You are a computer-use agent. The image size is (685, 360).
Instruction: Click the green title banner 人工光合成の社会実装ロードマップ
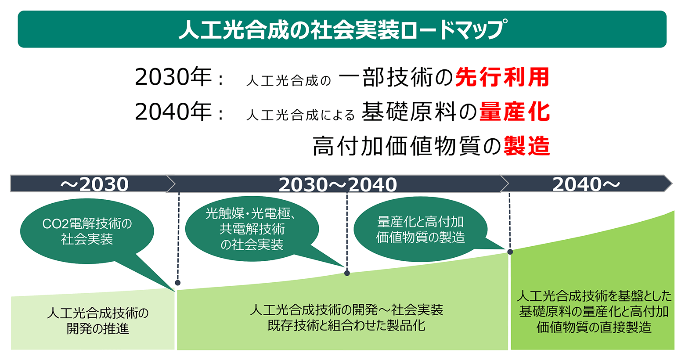pyautogui.click(x=342, y=29)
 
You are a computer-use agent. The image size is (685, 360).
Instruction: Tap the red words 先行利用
pyautogui.click(x=502, y=77)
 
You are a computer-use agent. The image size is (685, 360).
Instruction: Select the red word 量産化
pyautogui.click(x=515, y=112)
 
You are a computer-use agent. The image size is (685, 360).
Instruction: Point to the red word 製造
pyautogui.click(x=527, y=146)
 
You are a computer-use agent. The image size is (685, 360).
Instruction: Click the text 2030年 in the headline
pyautogui.click(x=173, y=77)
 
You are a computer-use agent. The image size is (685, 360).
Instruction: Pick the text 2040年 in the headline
pyautogui.click(x=173, y=112)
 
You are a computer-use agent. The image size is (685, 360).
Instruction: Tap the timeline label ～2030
pyautogui.click(x=94, y=184)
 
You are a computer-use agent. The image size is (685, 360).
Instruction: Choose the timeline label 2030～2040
pyautogui.click(x=338, y=185)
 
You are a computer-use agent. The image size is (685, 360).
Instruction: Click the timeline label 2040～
pyautogui.click(x=586, y=184)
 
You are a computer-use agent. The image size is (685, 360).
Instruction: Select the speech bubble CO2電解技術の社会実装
pyautogui.click(x=87, y=231)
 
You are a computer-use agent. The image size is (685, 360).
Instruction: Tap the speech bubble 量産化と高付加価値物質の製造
pyautogui.click(x=421, y=230)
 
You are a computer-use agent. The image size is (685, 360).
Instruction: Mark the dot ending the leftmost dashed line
pyautogui.click(x=178, y=283)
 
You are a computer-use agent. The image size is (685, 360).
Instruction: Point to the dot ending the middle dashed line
pyautogui.click(x=347, y=273)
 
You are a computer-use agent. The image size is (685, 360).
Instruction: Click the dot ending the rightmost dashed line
pyautogui.click(x=510, y=252)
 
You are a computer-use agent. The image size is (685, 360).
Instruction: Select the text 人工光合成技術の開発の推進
pyautogui.click(x=97, y=321)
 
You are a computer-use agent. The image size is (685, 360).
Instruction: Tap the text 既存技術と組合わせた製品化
pyautogui.click(x=346, y=325)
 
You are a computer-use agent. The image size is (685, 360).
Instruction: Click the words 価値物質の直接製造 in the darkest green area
pyautogui.click(x=594, y=327)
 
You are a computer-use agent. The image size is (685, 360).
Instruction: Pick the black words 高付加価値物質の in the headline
pyautogui.click(x=407, y=146)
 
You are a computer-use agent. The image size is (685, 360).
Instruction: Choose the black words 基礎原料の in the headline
pyautogui.click(x=419, y=112)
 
